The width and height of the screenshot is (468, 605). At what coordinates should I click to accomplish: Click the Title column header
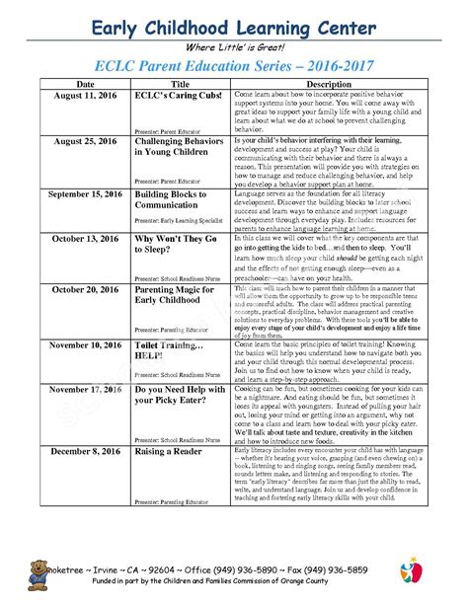coord(180,85)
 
